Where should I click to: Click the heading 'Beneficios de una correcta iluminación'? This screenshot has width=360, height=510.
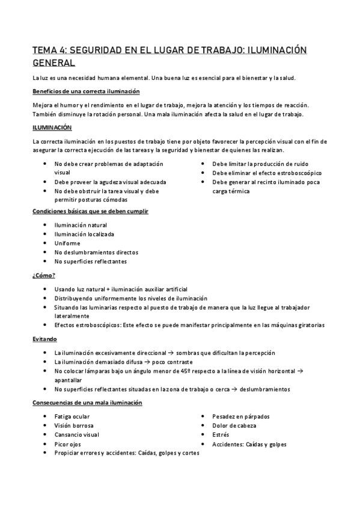(x=86, y=91)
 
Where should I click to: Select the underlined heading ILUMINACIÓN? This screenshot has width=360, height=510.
(x=52, y=127)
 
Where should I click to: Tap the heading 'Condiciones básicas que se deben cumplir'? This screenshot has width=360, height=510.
(x=90, y=211)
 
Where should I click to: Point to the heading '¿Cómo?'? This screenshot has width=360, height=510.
(x=43, y=275)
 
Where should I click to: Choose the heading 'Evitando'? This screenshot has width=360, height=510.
(x=45, y=339)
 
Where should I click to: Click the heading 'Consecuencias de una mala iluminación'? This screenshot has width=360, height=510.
(x=87, y=402)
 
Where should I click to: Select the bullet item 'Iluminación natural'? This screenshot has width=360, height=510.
(x=81, y=225)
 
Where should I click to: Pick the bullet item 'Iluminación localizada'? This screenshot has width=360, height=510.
(x=84, y=234)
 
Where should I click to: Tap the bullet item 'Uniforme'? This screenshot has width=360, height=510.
(x=67, y=243)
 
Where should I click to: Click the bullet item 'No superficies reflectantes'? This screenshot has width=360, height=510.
(x=90, y=261)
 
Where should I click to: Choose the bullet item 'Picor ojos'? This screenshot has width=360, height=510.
(x=68, y=444)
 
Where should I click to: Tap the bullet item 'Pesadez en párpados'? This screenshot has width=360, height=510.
(x=241, y=416)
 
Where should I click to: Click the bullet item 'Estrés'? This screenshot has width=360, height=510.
(x=221, y=435)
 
